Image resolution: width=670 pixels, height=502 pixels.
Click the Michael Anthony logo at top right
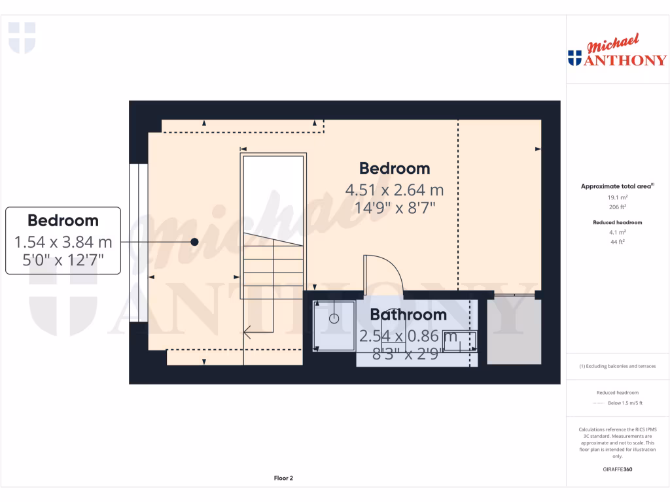pos(617,52)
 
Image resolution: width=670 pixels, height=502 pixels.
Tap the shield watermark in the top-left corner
pos(22,37)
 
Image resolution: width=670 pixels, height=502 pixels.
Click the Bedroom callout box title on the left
pos(63,220)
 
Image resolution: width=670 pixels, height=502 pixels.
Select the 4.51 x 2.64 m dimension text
pos(395,190)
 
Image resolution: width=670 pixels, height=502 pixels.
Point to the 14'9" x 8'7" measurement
pos(395,207)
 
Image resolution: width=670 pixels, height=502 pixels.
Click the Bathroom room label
pos(408,314)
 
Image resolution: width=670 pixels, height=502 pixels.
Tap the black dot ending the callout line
pos(194,242)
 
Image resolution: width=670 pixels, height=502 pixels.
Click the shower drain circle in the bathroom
pos(334,319)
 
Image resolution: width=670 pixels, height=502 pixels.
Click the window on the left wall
pos(138,243)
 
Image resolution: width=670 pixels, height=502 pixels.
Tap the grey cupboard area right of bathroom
pos(514,331)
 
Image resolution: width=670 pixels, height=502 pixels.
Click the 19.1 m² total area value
pos(617,197)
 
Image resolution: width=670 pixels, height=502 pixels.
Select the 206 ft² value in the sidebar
pos(617,207)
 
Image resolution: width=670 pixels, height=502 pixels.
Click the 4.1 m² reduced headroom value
pos(617,232)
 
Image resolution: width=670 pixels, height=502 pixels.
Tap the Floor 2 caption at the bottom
pos(283,478)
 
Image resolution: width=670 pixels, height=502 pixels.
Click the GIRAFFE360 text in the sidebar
pos(618,469)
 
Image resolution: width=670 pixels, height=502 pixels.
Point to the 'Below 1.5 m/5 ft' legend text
pos(624,403)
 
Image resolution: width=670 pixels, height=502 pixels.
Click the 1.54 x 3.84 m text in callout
pos(63,243)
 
